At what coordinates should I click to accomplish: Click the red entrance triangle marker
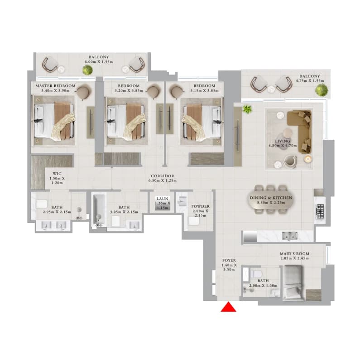click(228, 308)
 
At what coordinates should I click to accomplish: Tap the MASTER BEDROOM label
click(55, 85)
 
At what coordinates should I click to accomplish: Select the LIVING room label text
click(283, 141)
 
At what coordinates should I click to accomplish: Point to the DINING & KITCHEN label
click(271, 198)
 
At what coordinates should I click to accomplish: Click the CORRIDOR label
click(163, 176)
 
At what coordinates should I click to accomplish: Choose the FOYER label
click(229, 261)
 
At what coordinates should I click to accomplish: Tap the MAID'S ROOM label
click(294, 254)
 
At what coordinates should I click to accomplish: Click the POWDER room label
click(201, 206)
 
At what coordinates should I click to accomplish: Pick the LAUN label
click(163, 199)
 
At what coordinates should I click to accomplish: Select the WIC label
click(57, 174)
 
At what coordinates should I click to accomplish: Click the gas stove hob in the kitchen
click(320, 211)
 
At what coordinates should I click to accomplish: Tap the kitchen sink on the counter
click(290, 236)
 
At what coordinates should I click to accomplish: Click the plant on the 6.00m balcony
click(87, 70)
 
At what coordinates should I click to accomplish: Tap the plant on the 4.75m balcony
click(322, 90)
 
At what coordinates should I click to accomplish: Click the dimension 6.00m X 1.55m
click(99, 62)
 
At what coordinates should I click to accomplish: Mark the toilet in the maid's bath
click(255, 274)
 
